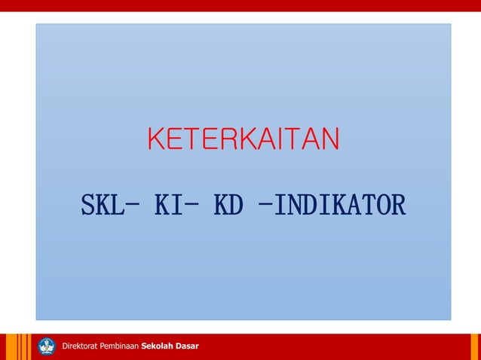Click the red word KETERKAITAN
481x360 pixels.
click(x=244, y=139)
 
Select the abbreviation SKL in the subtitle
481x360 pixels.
click(x=103, y=205)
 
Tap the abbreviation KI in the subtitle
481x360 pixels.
click(x=167, y=205)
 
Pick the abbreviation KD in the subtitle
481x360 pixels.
click(x=228, y=205)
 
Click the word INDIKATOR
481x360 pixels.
click(x=340, y=205)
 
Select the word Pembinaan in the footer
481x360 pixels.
click(x=119, y=346)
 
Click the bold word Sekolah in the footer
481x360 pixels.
click(x=158, y=346)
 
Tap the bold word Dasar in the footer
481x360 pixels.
click(x=187, y=346)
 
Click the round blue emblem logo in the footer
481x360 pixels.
click(x=47, y=346)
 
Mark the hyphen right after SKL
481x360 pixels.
click(x=133, y=203)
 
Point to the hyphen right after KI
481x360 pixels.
click(x=192, y=203)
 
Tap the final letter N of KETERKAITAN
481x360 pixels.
click(x=329, y=139)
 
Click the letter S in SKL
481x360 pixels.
click(x=88, y=205)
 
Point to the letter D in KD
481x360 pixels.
click(x=236, y=205)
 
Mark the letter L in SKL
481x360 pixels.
click(x=117, y=205)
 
